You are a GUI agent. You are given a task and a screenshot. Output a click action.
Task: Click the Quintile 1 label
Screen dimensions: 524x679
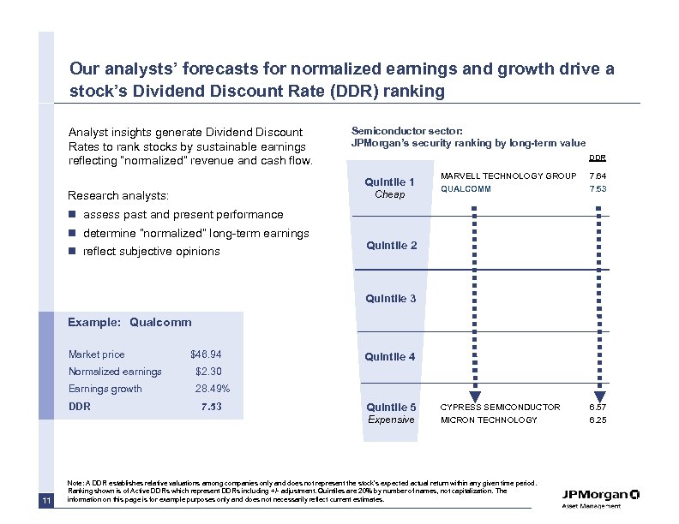coord(390,182)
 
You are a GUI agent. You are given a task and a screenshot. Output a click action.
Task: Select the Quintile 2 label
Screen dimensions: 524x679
coord(391,246)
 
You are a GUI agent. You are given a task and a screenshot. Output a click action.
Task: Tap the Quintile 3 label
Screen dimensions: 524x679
coord(391,299)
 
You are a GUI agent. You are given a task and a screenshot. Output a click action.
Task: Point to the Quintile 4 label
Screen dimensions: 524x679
coord(391,357)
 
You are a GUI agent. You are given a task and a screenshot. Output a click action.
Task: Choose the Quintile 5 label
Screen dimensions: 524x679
coord(391,408)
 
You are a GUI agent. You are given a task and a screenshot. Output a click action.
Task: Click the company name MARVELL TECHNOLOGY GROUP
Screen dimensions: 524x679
coord(508,176)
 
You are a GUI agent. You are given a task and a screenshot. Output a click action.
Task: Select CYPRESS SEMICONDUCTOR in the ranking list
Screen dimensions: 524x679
coord(500,408)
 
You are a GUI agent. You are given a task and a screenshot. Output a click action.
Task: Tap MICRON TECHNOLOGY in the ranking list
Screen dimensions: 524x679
coord(489,420)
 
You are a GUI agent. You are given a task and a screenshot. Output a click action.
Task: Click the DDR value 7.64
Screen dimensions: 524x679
coord(597,176)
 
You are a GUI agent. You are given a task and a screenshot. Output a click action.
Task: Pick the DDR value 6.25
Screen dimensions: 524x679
coord(597,420)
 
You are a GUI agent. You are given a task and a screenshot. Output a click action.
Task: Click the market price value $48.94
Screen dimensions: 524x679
coord(206,354)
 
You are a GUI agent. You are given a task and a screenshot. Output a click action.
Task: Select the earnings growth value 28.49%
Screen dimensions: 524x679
coord(212,389)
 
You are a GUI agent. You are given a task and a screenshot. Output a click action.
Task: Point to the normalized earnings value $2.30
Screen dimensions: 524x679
coord(208,372)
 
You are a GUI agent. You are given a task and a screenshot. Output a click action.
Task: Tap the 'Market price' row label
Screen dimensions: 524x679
coord(96,354)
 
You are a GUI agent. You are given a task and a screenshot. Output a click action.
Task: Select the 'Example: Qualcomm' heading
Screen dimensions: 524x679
coord(129,323)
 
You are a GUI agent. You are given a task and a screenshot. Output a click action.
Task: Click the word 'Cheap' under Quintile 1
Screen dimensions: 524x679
coord(390,194)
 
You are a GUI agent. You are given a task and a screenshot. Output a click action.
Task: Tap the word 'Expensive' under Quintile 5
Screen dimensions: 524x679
coord(391,420)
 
